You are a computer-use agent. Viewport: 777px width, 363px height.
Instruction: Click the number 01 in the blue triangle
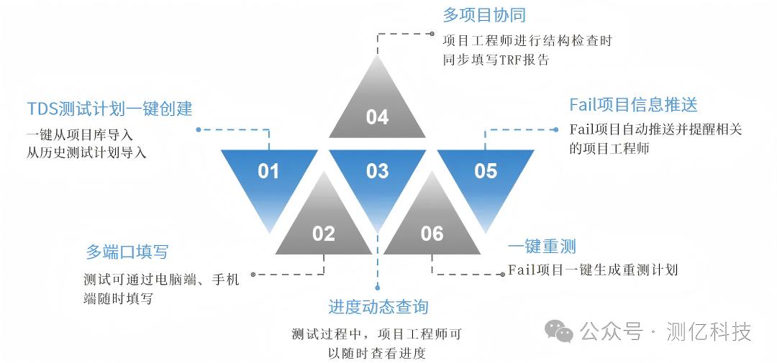tap(268, 171)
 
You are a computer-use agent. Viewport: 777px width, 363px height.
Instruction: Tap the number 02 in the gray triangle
tap(324, 234)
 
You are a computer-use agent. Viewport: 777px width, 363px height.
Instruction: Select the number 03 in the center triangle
tap(377, 171)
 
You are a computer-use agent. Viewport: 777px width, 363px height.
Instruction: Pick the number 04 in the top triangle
tap(377, 117)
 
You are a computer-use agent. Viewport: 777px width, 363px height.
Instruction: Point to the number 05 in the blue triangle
tap(486, 171)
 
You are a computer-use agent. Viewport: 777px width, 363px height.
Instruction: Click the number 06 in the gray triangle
tap(432, 234)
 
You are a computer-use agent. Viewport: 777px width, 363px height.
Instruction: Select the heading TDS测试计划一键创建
tap(110, 109)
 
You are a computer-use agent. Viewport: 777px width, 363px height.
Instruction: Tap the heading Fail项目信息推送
tap(633, 105)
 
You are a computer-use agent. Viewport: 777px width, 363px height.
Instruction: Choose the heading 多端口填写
tap(127, 252)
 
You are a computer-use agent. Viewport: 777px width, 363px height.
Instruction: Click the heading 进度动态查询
tap(378, 307)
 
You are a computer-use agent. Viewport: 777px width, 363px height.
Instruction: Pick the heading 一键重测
tap(542, 247)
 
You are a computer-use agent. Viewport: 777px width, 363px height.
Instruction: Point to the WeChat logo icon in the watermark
tap(559, 331)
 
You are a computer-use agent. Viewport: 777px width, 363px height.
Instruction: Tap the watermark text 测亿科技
tap(709, 331)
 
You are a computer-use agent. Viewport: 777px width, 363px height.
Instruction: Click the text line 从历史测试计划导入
tap(86, 152)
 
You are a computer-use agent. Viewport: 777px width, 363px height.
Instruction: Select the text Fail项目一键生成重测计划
tap(593, 270)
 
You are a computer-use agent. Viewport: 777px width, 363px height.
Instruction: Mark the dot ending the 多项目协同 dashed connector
tap(432, 33)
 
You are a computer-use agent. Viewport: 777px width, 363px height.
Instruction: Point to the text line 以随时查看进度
tap(377, 353)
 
